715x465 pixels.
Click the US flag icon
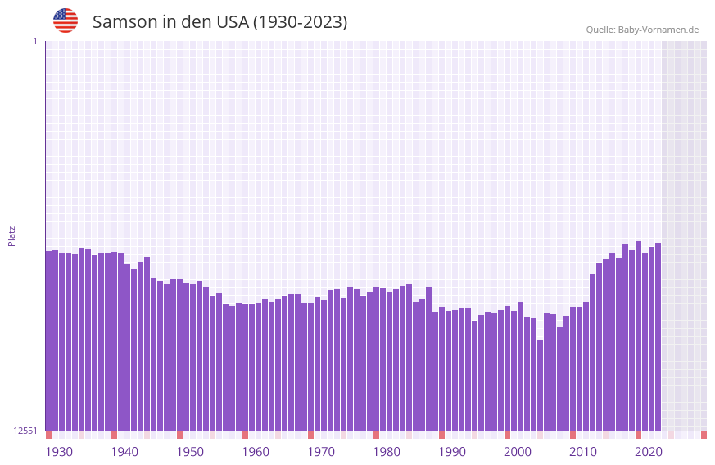click(66, 21)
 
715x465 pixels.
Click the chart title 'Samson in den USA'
click(219, 22)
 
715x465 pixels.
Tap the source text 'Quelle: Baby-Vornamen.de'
click(642, 30)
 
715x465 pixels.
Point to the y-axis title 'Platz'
click(11, 235)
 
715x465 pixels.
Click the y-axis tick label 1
click(34, 41)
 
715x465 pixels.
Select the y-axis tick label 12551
click(25, 431)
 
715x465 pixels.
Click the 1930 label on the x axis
click(59, 452)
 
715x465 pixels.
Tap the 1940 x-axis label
click(124, 452)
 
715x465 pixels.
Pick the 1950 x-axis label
click(190, 452)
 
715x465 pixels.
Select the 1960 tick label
click(256, 452)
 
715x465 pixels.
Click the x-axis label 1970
click(321, 452)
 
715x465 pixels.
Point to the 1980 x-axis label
click(387, 452)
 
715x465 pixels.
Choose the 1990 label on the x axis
click(452, 452)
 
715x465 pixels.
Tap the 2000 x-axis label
click(518, 452)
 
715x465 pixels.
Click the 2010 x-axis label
click(583, 452)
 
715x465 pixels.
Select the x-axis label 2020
click(649, 452)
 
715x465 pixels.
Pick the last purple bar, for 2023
click(658, 336)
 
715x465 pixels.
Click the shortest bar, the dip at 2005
click(540, 385)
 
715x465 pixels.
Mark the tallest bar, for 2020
click(638, 335)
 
